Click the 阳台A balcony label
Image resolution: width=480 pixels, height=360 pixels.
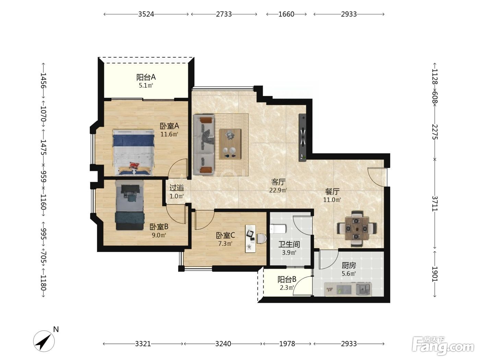click(x=146, y=77)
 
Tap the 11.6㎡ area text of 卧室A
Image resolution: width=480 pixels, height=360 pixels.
click(x=169, y=134)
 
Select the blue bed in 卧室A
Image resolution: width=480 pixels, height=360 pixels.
click(x=133, y=152)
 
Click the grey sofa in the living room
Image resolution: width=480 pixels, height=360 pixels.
click(x=204, y=144)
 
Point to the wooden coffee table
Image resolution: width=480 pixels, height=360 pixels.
click(x=230, y=144)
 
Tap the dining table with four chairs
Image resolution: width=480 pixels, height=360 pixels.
click(x=357, y=229)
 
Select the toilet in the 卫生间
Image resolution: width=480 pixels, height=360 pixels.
click(x=278, y=229)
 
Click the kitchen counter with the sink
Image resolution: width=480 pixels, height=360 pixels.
click(x=348, y=289)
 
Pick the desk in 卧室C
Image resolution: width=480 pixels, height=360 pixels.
click(x=250, y=239)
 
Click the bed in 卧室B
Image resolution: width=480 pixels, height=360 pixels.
click(x=130, y=205)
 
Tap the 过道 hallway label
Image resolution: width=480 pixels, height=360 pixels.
click(x=177, y=188)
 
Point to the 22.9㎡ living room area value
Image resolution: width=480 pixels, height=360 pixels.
click(x=278, y=190)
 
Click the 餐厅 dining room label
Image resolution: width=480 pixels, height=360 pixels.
click(x=332, y=191)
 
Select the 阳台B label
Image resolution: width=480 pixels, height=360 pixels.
click(x=287, y=279)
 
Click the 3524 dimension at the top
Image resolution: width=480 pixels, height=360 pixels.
click(x=146, y=14)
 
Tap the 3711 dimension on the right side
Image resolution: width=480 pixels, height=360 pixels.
click(x=435, y=204)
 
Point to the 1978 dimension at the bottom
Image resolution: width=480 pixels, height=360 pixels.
click(x=287, y=344)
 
